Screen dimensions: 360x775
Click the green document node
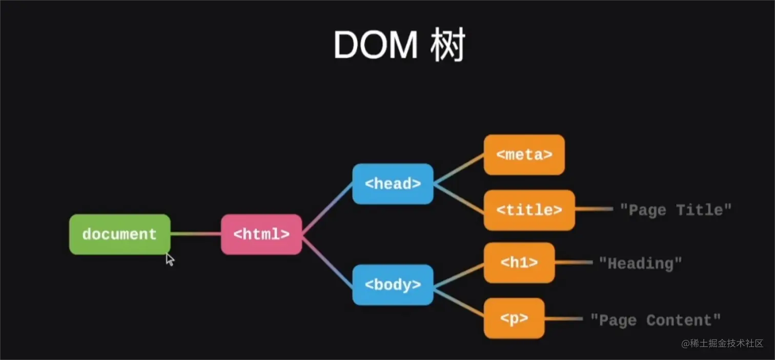[119, 234]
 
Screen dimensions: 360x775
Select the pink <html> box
[261, 234]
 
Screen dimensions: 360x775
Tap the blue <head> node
[393, 184]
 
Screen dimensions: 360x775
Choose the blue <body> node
[393, 285]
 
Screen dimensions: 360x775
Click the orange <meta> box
[524, 154]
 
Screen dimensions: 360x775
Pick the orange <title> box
[529, 210]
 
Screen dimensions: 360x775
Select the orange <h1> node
[519, 263]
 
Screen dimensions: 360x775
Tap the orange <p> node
[514, 318]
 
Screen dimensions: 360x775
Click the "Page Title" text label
[676, 210]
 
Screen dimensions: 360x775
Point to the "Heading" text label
[641, 264]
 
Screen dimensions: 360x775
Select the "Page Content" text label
[655, 321]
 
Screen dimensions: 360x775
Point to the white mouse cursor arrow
[170, 259]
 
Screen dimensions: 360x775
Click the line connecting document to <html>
[195, 234]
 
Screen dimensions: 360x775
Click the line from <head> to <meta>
[459, 169]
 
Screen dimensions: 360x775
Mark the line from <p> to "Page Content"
[563, 318]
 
